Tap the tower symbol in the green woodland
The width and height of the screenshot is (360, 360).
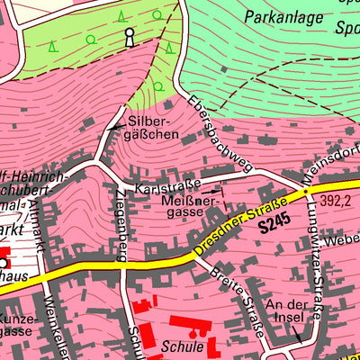coord(129,37)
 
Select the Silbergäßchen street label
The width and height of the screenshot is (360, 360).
coord(154,125)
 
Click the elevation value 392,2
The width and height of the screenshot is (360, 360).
coord(334,201)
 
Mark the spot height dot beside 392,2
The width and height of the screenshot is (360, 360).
coord(306,192)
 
